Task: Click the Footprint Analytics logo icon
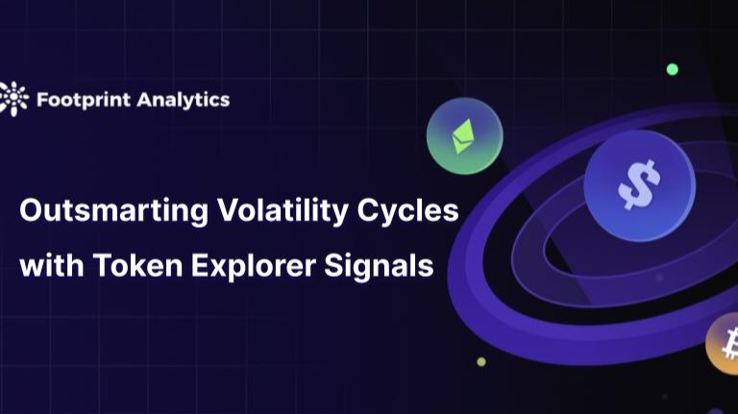click(14, 98)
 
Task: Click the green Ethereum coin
click(464, 135)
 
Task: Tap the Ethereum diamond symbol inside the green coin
click(464, 135)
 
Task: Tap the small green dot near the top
click(673, 69)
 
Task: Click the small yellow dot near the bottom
click(481, 362)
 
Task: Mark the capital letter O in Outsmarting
click(31, 210)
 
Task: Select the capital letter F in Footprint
click(41, 98)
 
